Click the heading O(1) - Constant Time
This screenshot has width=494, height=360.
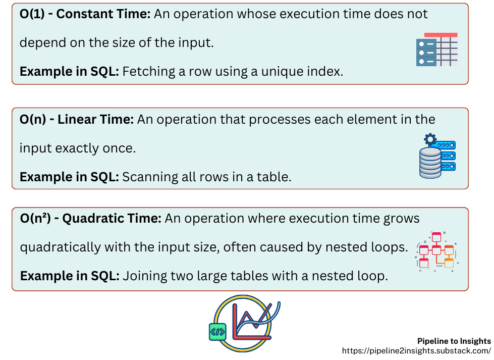point(85,14)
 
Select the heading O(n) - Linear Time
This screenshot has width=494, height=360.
point(76,120)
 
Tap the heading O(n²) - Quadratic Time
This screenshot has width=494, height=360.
point(90,219)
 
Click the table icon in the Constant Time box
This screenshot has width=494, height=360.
point(437,49)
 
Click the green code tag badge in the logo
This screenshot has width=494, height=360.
point(217,332)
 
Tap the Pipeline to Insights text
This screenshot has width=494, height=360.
point(454,341)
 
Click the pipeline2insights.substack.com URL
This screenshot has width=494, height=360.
point(416,350)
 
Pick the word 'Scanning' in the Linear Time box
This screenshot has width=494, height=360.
point(145,177)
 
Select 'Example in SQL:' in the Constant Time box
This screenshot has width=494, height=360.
point(69,71)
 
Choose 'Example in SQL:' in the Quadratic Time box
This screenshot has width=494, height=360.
point(69,276)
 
